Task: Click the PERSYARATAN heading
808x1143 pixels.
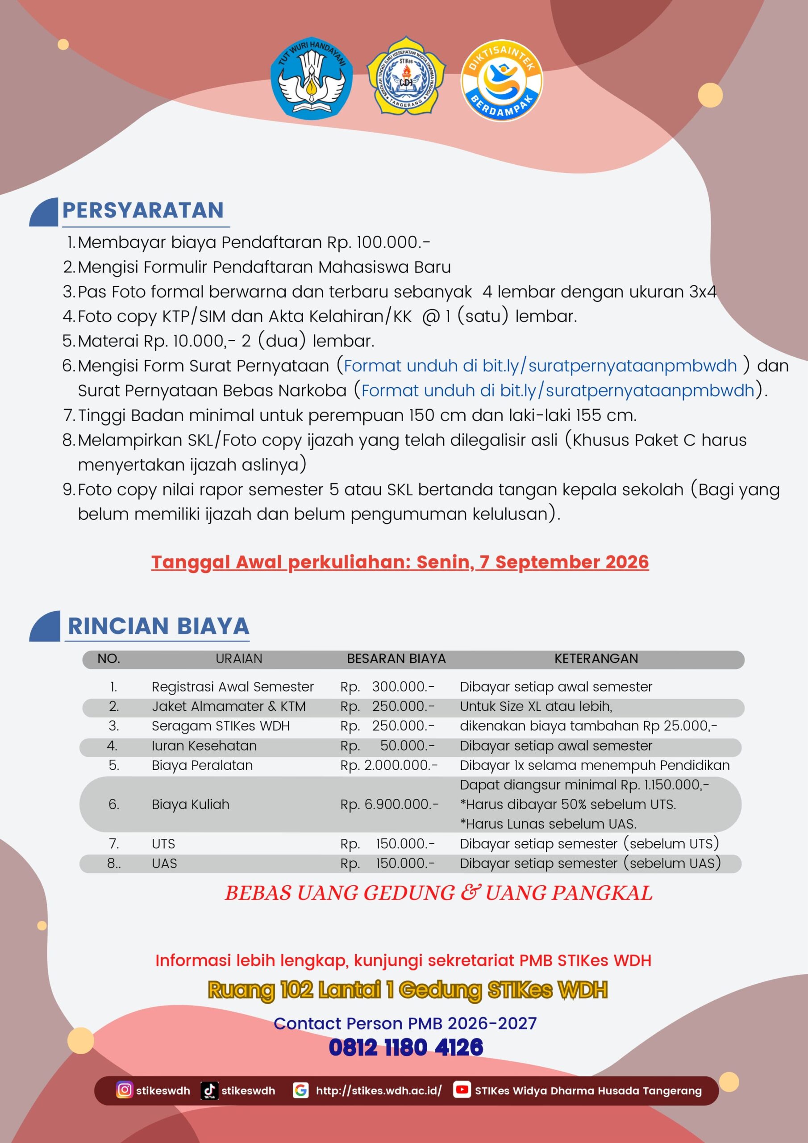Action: pyautogui.click(x=143, y=210)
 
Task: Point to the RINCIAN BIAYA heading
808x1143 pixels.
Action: pyautogui.click(x=158, y=626)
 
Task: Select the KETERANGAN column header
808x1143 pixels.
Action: pyautogui.click(x=596, y=659)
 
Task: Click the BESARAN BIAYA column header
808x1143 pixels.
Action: pyautogui.click(x=396, y=659)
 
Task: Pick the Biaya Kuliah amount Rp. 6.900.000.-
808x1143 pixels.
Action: pyautogui.click(x=389, y=804)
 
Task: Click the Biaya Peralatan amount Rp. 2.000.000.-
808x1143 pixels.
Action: pyautogui.click(x=389, y=765)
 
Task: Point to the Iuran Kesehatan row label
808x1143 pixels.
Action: pyautogui.click(x=204, y=746)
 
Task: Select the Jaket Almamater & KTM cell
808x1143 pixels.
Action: pyautogui.click(x=229, y=706)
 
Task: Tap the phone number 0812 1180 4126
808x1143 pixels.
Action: pyautogui.click(x=406, y=1047)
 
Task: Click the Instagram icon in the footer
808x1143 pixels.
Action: pyautogui.click(x=125, y=1090)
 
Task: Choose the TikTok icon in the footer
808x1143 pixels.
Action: pyautogui.click(x=209, y=1090)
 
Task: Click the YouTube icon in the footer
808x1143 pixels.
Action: pyautogui.click(x=462, y=1090)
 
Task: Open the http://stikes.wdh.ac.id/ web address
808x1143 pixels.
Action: pyautogui.click(x=379, y=1091)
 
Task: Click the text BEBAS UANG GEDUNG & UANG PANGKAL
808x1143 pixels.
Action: pyautogui.click(x=438, y=893)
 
